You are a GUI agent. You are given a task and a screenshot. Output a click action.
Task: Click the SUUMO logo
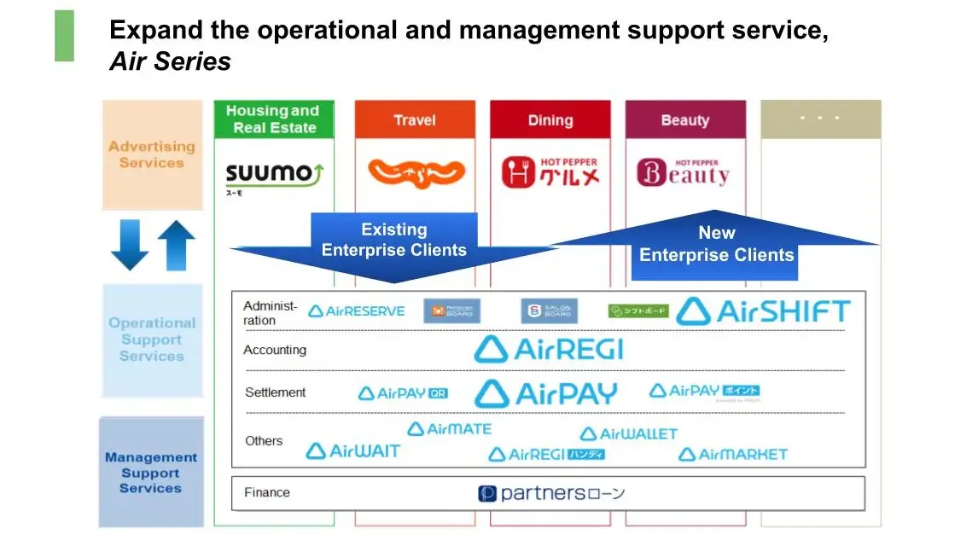pyautogui.click(x=274, y=175)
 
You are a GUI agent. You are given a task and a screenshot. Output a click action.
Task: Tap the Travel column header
pyautogui.click(x=415, y=120)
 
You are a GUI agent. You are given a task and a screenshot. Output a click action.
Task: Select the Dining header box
pyautogui.click(x=550, y=120)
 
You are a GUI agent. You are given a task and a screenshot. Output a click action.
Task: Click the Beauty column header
pyautogui.click(x=684, y=120)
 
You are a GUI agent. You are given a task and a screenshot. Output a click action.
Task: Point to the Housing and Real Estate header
pyautogui.click(x=274, y=119)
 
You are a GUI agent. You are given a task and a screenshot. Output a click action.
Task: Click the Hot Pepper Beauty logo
pyautogui.click(x=684, y=172)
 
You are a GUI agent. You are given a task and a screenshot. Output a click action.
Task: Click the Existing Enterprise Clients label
pyautogui.click(x=393, y=240)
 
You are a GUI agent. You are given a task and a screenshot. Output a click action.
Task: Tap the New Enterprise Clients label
pyautogui.click(x=716, y=244)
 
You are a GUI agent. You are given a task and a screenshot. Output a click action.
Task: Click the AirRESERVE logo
pyautogui.click(x=356, y=311)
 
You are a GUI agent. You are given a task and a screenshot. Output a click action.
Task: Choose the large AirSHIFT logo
pyautogui.click(x=763, y=311)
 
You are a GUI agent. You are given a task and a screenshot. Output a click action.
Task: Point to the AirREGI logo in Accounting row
pyautogui.click(x=549, y=349)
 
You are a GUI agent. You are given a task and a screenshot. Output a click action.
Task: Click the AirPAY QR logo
pyautogui.click(x=403, y=393)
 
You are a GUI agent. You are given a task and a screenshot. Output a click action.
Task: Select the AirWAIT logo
pyautogui.click(x=352, y=451)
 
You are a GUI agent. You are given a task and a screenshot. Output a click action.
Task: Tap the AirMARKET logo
pyautogui.click(x=732, y=455)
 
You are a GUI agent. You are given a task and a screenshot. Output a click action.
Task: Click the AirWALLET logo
pyautogui.click(x=628, y=434)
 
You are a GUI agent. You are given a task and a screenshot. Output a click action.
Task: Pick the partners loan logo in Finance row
pyautogui.click(x=551, y=493)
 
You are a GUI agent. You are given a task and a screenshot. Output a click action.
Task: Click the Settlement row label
pyautogui.click(x=275, y=392)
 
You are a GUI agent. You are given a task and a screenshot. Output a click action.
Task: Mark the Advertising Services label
pyautogui.click(x=152, y=154)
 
